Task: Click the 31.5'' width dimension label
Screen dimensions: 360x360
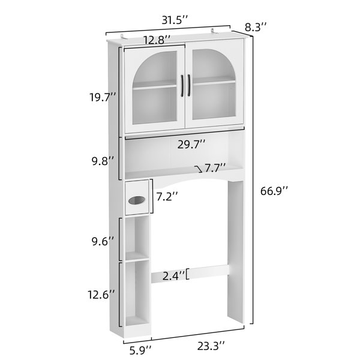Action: [175, 20]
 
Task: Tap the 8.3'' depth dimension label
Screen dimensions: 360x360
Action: [256, 28]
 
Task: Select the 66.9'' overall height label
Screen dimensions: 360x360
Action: [274, 191]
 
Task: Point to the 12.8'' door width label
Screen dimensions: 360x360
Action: [157, 40]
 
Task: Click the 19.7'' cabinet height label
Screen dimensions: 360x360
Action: [103, 97]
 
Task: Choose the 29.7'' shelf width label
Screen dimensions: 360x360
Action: [191, 145]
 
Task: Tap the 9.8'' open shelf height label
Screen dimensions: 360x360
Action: [103, 161]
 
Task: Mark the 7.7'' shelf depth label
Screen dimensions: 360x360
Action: [215, 168]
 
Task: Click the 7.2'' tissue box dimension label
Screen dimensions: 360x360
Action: [167, 197]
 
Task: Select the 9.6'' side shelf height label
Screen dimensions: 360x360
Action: [103, 242]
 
